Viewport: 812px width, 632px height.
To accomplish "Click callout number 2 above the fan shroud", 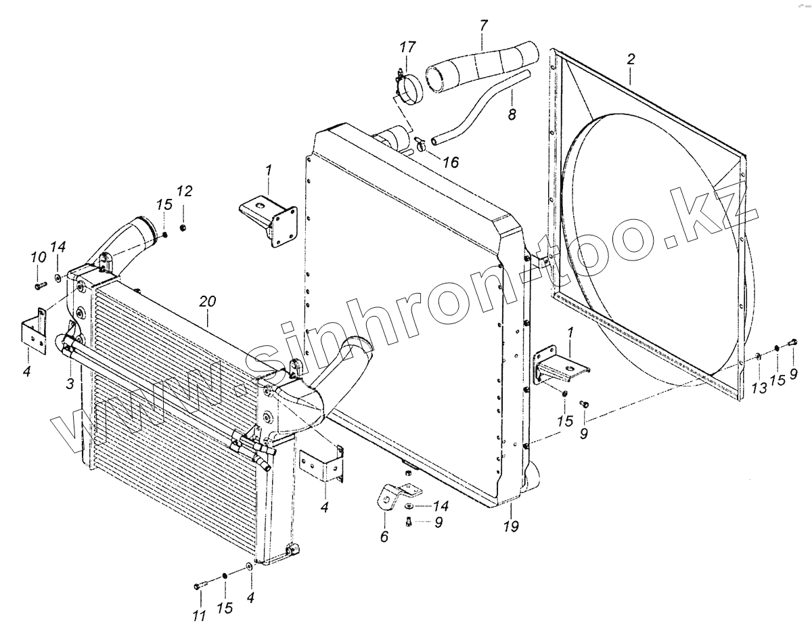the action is [x=630, y=59].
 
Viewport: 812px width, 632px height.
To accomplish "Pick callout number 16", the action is [x=451, y=162].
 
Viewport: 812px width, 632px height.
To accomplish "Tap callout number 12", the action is [x=184, y=192].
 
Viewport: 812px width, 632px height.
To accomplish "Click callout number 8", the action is [x=512, y=115].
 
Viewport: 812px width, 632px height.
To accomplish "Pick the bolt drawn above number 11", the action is [x=198, y=584].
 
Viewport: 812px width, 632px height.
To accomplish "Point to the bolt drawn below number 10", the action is [x=39, y=286].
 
